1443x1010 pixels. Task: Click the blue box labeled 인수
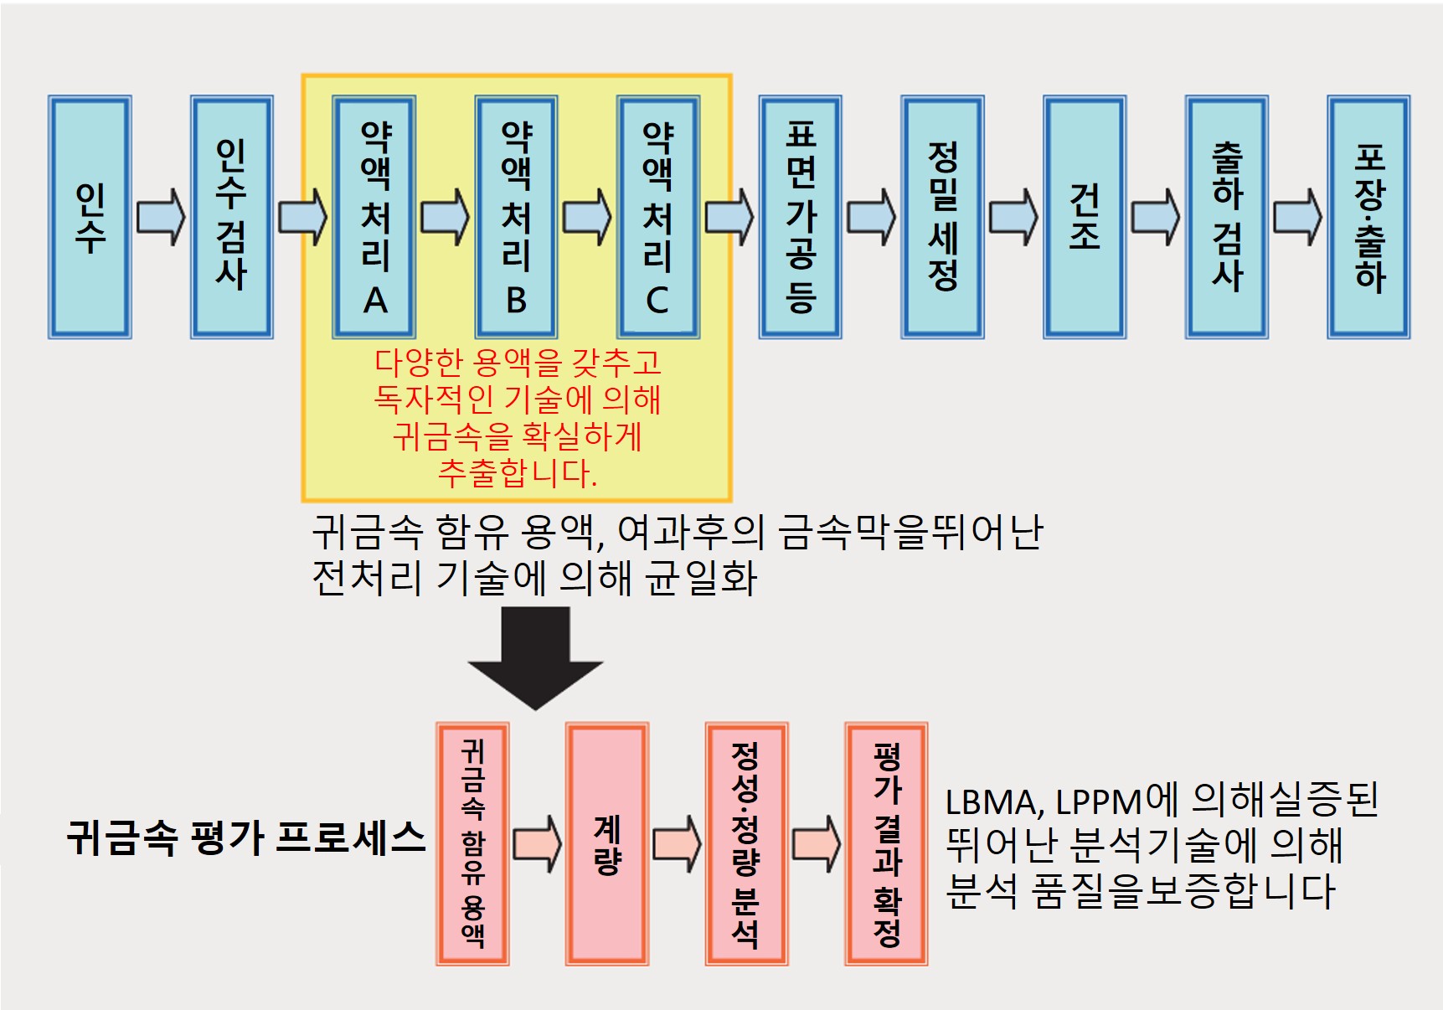(x=90, y=217)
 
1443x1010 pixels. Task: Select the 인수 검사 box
(x=232, y=217)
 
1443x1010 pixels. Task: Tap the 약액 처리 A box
(x=374, y=217)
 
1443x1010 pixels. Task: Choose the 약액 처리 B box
(x=516, y=217)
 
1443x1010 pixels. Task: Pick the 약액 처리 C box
(x=658, y=217)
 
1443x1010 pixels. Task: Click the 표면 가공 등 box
(x=801, y=217)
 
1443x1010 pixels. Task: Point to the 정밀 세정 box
(x=942, y=217)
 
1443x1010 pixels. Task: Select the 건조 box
(x=1085, y=217)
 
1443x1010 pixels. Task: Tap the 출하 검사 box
(x=1227, y=217)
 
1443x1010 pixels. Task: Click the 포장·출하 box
(x=1369, y=217)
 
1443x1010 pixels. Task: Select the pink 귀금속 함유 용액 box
(x=473, y=844)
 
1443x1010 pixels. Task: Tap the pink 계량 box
(x=607, y=844)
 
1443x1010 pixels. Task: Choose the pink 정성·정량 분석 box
(x=746, y=844)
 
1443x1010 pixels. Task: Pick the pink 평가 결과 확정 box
(x=886, y=844)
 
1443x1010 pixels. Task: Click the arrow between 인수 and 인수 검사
(x=161, y=217)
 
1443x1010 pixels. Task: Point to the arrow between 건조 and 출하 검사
(x=1156, y=217)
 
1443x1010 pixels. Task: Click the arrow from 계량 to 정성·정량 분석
(x=677, y=844)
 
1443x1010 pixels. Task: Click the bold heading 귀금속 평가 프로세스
(x=246, y=837)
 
